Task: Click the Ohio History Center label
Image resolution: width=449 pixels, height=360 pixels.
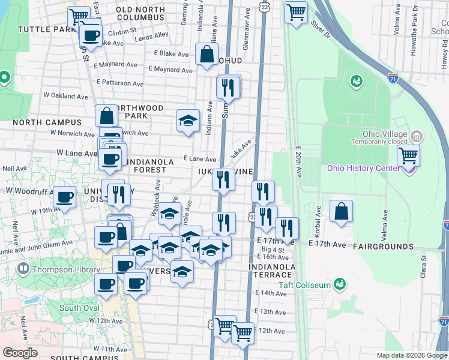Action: point(363,168)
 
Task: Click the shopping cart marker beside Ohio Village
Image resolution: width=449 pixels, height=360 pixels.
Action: point(408,157)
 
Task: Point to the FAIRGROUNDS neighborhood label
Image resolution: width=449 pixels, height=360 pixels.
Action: point(383,247)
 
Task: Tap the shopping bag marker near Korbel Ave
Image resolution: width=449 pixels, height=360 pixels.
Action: point(341,212)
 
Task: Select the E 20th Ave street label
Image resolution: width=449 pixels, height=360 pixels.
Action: point(298,161)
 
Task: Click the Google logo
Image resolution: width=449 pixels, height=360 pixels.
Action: point(20,353)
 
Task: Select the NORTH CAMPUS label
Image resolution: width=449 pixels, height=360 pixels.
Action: point(42,122)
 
